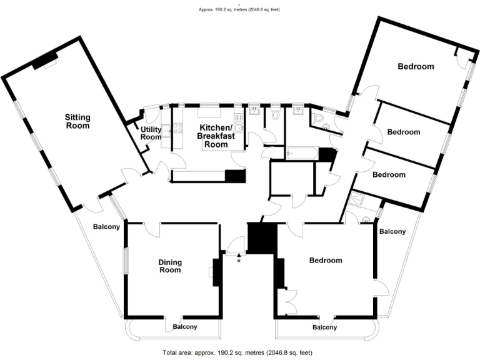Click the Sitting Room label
[x=78, y=121]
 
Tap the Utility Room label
[x=151, y=133]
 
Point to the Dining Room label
[x=169, y=266]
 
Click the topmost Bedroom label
[x=416, y=66]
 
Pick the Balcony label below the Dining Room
[x=185, y=327]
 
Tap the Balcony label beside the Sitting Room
[x=106, y=227]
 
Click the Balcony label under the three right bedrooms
[x=392, y=232]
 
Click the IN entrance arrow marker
[x=239, y=257]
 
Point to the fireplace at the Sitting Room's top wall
[x=44, y=61]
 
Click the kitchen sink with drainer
[x=239, y=128]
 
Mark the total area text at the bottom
[x=236, y=354]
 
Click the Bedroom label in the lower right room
[x=326, y=261]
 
